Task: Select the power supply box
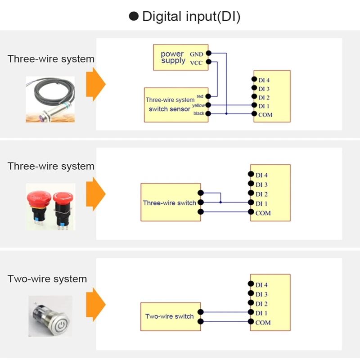pyautogui.click(x=173, y=58)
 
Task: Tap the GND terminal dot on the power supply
pyautogui.click(x=209, y=54)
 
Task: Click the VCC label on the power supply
pyautogui.click(x=196, y=63)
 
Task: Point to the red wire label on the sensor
pyautogui.click(x=200, y=96)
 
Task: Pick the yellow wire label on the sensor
pyautogui.click(x=198, y=105)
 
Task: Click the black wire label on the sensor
pyautogui.click(x=199, y=113)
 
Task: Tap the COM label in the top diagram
pyautogui.click(x=265, y=115)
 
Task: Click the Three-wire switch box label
pyautogui.click(x=169, y=203)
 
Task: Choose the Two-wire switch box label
pyautogui.click(x=169, y=316)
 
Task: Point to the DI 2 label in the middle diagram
pyautogui.click(x=261, y=194)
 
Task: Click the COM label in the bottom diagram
pyautogui.click(x=263, y=323)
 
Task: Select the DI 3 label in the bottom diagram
pyautogui.click(x=261, y=294)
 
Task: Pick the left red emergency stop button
pyautogui.click(x=37, y=205)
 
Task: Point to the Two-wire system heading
pyautogui.click(x=47, y=279)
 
